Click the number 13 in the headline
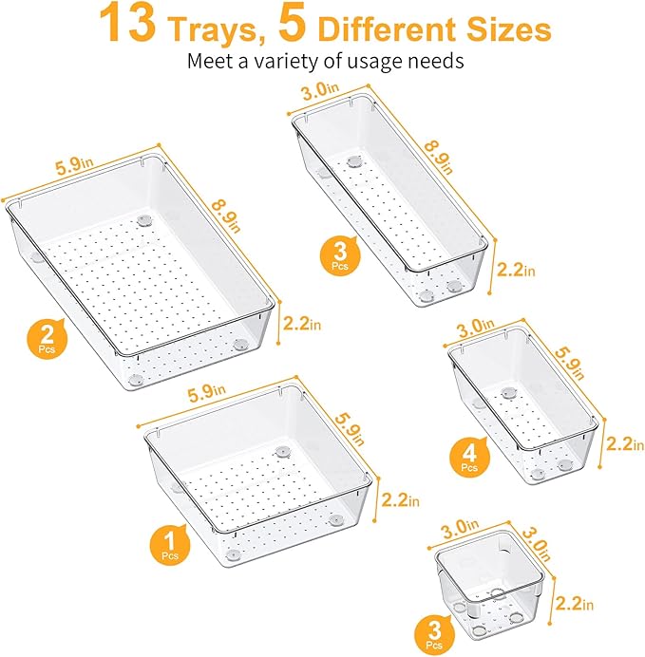tap(130, 25)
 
